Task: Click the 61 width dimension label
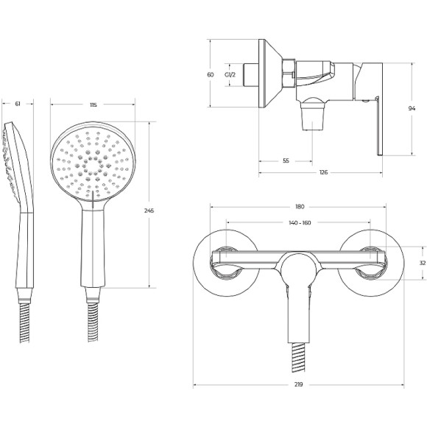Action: (x=18, y=104)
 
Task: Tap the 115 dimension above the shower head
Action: (x=93, y=105)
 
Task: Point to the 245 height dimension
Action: (x=149, y=211)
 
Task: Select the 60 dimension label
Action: (x=211, y=74)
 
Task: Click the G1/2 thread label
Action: (x=230, y=74)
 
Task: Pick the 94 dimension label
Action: (x=412, y=108)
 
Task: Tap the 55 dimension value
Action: (x=286, y=161)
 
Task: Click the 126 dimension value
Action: (x=323, y=172)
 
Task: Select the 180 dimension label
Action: (x=300, y=207)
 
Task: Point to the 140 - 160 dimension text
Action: (x=300, y=223)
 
